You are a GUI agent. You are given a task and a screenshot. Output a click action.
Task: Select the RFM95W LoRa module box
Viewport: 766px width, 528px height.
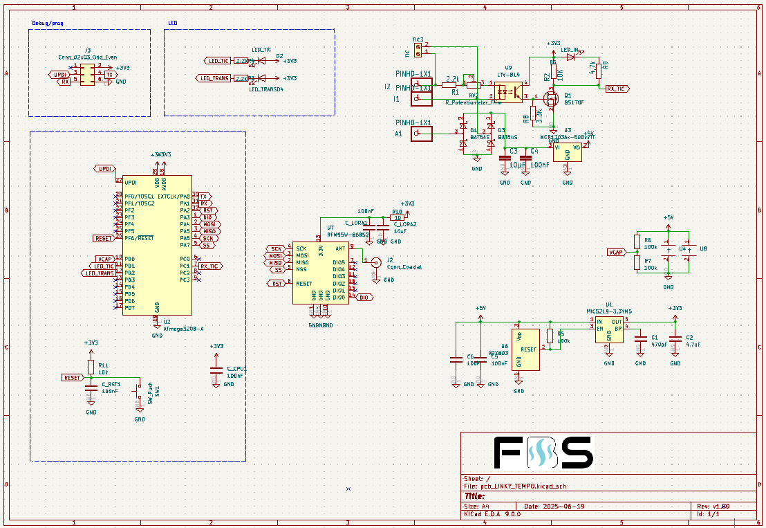[320, 272]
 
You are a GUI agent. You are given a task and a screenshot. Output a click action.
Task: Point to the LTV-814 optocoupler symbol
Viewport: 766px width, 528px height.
[510, 93]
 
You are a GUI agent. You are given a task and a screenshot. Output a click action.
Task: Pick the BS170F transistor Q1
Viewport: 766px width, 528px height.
[552, 100]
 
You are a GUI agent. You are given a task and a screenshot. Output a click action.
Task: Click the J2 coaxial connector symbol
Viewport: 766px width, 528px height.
[375, 262]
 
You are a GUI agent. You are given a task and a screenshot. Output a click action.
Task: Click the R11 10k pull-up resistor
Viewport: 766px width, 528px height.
[91, 367]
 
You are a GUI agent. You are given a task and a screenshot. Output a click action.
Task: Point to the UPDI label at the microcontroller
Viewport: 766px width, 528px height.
[104, 169]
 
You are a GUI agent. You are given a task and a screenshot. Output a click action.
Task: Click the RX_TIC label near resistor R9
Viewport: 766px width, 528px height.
[615, 89]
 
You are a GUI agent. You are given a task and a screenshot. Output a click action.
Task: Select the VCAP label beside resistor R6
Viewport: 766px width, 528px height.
[616, 252]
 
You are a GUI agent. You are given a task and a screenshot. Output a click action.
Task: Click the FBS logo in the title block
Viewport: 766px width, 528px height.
[543, 454]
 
